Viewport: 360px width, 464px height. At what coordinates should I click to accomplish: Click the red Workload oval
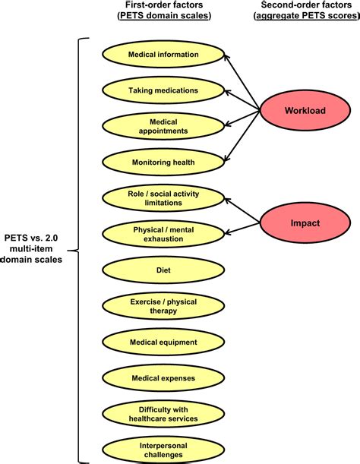click(305, 111)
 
